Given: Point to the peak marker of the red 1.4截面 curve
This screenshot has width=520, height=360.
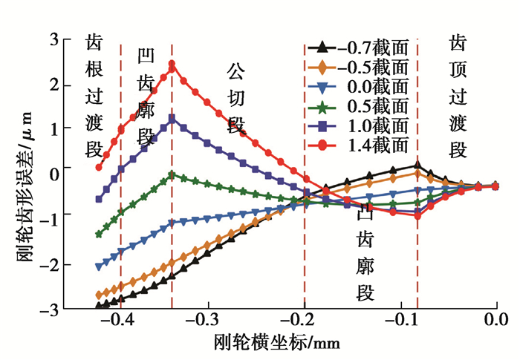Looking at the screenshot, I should (172, 64).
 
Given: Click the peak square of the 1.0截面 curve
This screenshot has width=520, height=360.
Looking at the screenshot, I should (172, 118).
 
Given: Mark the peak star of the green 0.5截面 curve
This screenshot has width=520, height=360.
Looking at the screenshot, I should (172, 174).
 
